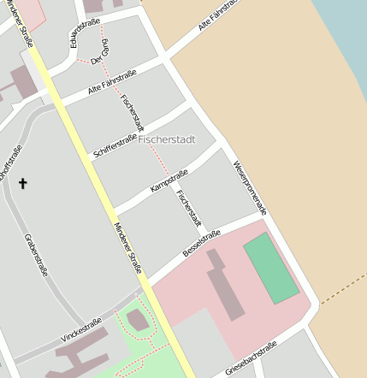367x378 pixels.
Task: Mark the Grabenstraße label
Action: point(36,257)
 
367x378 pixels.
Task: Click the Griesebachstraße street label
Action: point(251,359)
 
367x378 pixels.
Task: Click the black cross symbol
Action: point(22,182)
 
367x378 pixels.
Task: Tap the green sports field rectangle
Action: point(271,268)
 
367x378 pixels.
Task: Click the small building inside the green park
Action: point(137,321)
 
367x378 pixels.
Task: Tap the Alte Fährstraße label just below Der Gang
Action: point(112,84)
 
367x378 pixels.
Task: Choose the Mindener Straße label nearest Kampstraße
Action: point(128,248)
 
